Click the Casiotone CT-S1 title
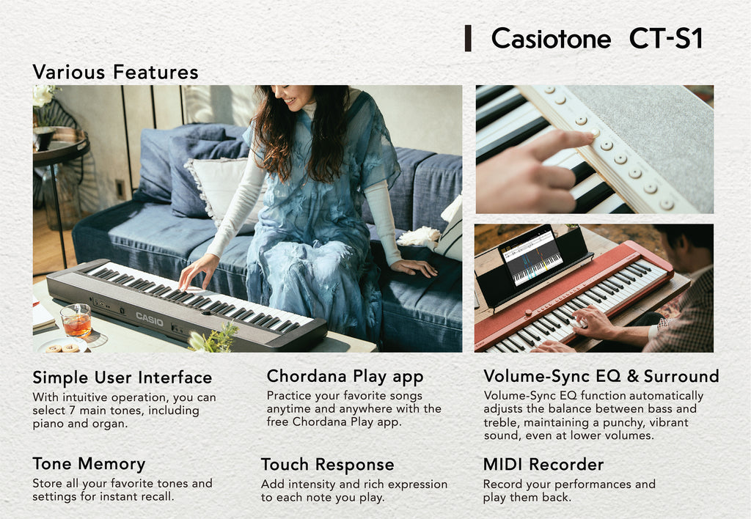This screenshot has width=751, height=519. tap(596, 39)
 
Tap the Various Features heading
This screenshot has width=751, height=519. tap(115, 72)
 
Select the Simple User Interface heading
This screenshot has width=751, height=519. tap(122, 378)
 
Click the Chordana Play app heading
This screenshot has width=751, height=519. tap(345, 377)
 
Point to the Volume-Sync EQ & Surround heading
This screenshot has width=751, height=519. tap(601, 377)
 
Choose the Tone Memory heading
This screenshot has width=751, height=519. tap(89, 464)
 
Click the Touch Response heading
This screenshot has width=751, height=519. tap(327, 465)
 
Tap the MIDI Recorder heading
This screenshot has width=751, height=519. tap(543, 465)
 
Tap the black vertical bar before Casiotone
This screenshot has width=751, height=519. tap(468, 38)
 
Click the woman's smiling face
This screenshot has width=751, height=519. tap(292, 97)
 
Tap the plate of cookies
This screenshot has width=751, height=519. tap(62, 347)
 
